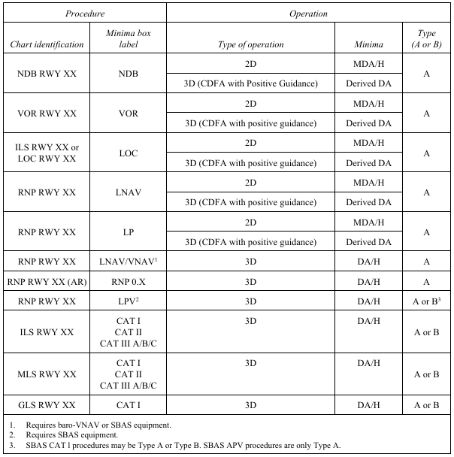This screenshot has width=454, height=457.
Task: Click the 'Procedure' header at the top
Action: [84, 14]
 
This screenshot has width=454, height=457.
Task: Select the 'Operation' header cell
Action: [307, 14]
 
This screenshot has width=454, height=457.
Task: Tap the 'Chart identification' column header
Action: [47, 44]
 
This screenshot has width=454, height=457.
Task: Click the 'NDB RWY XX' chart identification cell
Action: [47, 74]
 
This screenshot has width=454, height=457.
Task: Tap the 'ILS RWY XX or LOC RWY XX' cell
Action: [47, 153]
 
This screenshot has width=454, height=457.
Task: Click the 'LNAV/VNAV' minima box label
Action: [125, 262]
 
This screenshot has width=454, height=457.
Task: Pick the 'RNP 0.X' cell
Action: [125, 281]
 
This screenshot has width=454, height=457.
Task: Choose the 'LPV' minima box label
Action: [125, 301]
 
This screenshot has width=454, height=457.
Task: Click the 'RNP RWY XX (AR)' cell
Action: [47, 281]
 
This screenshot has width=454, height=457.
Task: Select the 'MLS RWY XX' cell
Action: [47, 374]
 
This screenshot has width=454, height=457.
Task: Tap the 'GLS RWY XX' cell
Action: [47, 406]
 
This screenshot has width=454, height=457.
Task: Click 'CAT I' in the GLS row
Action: [125, 406]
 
